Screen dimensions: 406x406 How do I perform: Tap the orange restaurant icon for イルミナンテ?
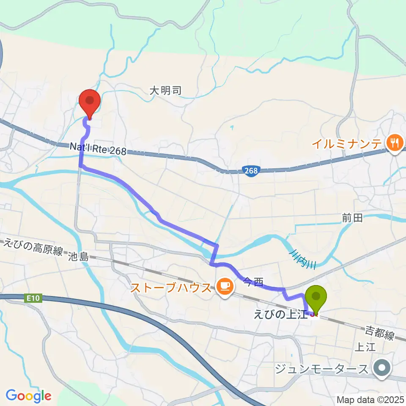click(x=394, y=143)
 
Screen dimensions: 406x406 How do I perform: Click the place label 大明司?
click(x=165, y=90)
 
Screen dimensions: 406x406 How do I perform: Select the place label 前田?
click(x=352, y=218)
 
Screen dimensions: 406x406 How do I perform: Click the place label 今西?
click(x=253, y=280)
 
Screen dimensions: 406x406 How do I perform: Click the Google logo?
click(x=28, y=395)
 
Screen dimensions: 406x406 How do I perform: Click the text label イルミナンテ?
click(x=347, y=143)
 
